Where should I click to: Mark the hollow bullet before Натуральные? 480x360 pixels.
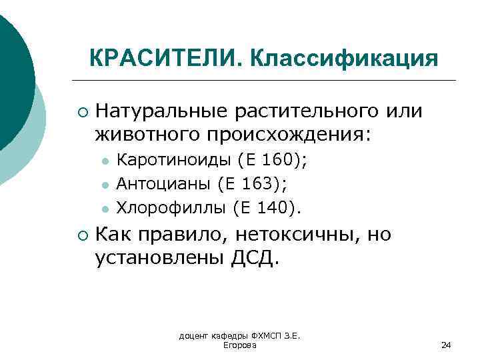(81, 111)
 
